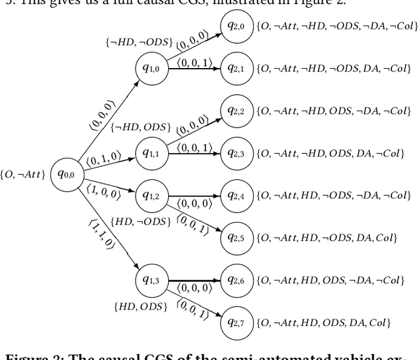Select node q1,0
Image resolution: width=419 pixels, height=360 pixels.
151,67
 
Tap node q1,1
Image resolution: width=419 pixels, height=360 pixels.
151,153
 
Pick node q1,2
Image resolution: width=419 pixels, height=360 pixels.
151,195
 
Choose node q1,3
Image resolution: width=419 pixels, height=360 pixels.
151,280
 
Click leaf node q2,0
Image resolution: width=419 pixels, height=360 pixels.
236,26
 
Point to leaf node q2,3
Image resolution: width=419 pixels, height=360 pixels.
236,153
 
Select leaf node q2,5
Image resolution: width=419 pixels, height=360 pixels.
236,238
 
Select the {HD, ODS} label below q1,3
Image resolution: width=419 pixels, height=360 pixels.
140,306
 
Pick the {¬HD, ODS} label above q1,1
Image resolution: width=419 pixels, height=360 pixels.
140,126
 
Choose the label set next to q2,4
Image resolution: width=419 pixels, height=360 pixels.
335,196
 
